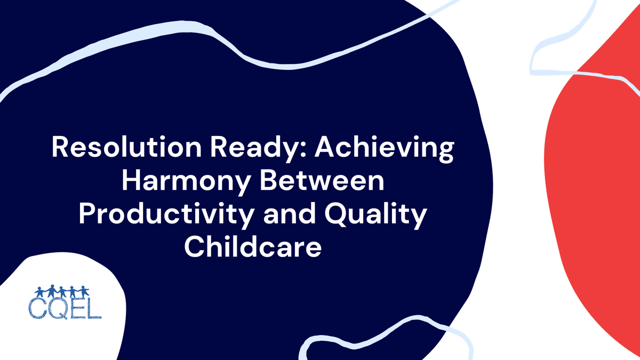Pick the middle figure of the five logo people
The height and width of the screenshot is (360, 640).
pos(62,292)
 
